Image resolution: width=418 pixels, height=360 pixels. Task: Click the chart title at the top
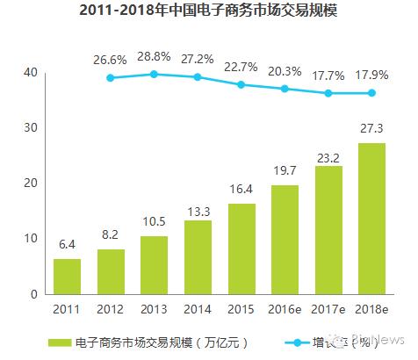tap(208, 12)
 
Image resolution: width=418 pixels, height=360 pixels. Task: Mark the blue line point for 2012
tap(111, 78)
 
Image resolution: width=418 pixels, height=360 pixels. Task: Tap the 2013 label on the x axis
tap(155, 309)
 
